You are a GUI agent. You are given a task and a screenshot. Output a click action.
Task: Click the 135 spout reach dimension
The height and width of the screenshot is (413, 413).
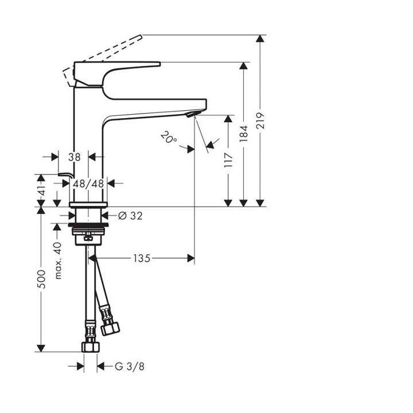click(141, 259)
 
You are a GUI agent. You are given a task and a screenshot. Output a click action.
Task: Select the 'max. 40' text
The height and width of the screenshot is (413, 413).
click(57, 260)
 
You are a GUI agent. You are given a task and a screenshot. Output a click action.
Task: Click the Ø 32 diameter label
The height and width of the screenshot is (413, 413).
click(130, 216)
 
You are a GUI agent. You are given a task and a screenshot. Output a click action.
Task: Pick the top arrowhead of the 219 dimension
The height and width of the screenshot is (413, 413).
click(261, 39)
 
